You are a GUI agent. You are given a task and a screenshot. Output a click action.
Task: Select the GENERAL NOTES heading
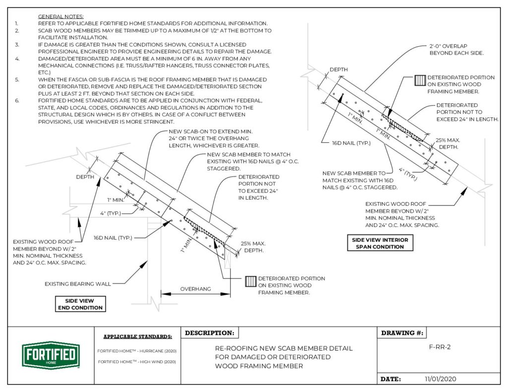[x=61, y=16]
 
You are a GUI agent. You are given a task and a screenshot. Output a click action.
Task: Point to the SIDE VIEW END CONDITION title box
[x=79, y=304]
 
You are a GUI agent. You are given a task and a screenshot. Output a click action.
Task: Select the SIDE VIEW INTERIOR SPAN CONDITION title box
[x=380, y=243]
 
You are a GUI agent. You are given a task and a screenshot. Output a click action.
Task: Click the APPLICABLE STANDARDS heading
[x=137, y=336]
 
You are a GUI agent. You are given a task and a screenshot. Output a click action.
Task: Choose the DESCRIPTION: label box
[x=209, y=333]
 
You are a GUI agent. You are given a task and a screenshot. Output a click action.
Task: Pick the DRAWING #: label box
[x=402, y=333]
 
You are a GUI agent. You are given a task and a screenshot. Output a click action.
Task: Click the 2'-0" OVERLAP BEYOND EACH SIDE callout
[x=450, y=49]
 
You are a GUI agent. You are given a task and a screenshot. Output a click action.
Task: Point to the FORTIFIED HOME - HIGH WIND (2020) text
[x=137, y=362]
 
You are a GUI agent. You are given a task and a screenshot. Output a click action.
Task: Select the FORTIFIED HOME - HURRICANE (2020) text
[x=137, y=351]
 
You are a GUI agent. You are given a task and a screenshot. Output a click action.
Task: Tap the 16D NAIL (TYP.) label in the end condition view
[x=113, y=238]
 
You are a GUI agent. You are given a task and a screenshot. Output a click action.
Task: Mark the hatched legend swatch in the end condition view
[x=251, y=281]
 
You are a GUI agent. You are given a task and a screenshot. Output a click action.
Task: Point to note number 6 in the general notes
[x=16, y=101]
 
